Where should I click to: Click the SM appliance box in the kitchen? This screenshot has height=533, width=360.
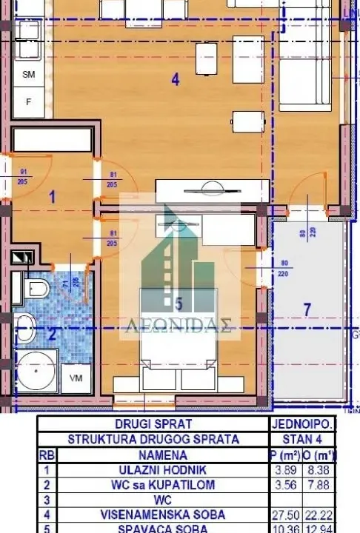[x=29, y=75]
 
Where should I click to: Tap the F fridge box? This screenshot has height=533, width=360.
[x=29, y=102]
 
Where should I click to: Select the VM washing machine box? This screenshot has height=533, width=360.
[x=75, y=378]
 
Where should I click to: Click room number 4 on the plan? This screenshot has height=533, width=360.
[x=175, y=80]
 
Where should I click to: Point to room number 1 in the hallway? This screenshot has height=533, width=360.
[x=52, y=197]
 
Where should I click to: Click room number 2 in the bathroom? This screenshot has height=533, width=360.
[x=52, y=334]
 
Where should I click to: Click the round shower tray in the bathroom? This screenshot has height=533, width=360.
[x=36, y=372]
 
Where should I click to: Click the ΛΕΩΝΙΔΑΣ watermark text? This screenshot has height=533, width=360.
[x=180, y=326]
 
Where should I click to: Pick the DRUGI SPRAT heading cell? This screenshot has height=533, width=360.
[x=153, y=424]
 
